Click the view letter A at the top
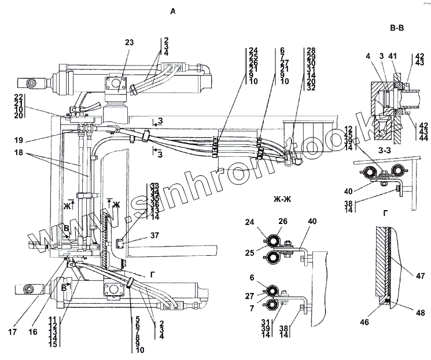(172, 11)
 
